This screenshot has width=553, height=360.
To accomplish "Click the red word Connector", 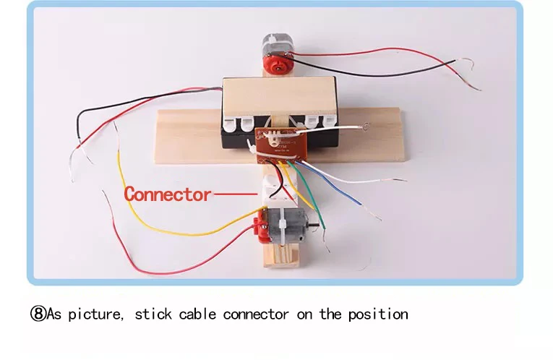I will tap(167, 194).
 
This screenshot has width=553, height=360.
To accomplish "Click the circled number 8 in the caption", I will tap(38, 314).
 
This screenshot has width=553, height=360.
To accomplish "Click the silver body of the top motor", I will tap(274, 46).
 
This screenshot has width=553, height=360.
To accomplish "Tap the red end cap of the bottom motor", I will tap(257, 226).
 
